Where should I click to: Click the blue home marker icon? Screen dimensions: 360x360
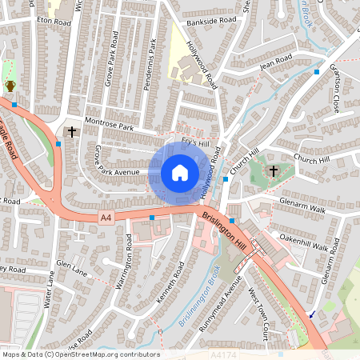click(x=180, y=173)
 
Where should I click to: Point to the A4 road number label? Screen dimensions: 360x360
click(x=106, y=217)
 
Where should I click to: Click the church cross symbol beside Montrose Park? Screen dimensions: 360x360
click(x=72, y=131)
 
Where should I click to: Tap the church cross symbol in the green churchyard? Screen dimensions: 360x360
click(x=273, y=170)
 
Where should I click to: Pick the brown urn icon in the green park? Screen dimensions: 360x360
click(x=10, y=85)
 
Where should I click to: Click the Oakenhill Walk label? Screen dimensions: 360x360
click(x=303, y=242)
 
